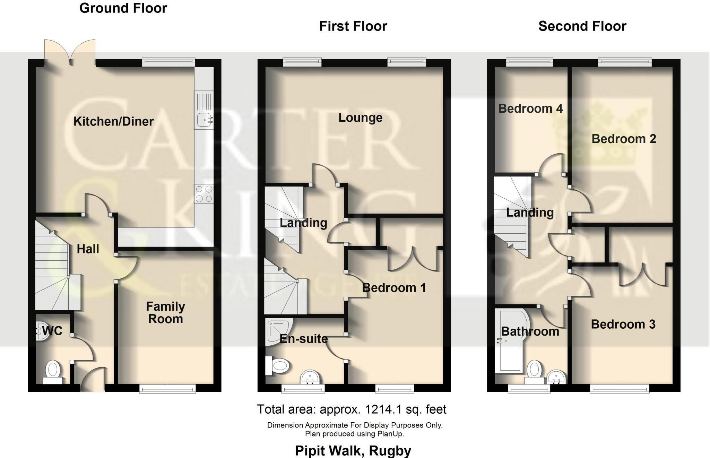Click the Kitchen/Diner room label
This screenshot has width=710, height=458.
click(113, 121)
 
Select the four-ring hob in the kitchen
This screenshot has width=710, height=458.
click(204, 194)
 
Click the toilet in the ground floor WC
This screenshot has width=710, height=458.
click(53, 371)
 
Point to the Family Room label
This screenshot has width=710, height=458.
click(165, 312)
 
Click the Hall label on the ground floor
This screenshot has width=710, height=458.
click(88, 249)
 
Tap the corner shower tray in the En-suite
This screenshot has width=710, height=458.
click(277, 331)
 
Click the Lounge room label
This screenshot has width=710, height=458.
click(360, 118)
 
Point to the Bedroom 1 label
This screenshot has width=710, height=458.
click(394, 287)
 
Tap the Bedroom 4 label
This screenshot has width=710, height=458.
click(530, 109)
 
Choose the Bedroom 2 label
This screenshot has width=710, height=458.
click(623, 139)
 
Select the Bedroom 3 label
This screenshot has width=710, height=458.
click(623, 324)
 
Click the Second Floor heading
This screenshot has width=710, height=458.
click(582, 26)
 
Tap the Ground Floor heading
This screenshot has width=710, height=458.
click(123, 8)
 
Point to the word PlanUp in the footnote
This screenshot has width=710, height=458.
click(390, 434)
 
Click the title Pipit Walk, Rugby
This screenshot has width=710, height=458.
click(353, 450)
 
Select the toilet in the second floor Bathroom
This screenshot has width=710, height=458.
click(534, 371)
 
